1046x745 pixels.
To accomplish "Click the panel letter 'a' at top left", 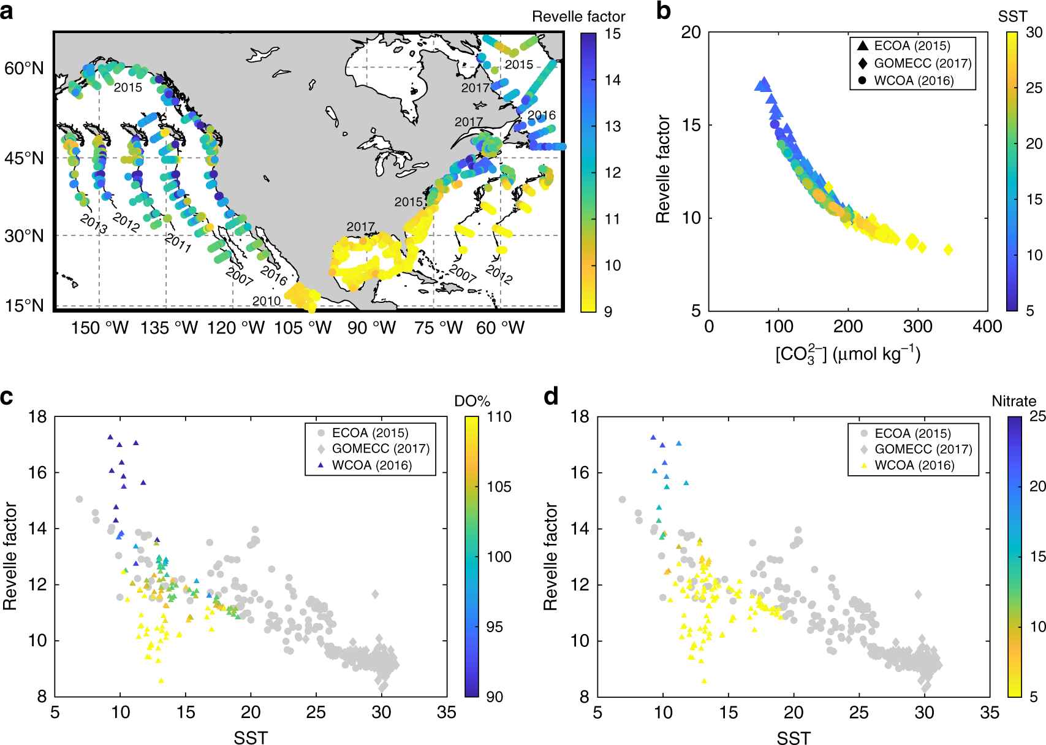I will [x=7, y=10].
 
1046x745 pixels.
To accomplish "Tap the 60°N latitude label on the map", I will [x=25, y=68].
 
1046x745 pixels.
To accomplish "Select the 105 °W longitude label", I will [x=302, y=328].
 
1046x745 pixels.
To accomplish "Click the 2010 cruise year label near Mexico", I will [x=267, y=301].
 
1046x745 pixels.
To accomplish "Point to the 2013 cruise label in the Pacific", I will [x=94, y=223].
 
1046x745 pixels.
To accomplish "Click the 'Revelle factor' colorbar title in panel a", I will [x=578, y=17].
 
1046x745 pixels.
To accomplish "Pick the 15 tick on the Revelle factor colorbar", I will [x=612, y=34].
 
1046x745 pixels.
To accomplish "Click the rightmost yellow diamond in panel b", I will [x=949, y=250].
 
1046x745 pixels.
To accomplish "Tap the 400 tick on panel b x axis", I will [x=987, y=327].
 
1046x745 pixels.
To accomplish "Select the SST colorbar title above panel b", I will [x=1012, y=17].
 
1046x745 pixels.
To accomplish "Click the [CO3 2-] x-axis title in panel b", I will [x=847, y=354].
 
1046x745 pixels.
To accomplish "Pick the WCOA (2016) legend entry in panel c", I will [x=371, y=465].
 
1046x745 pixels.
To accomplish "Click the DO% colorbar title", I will [x=472, y=401].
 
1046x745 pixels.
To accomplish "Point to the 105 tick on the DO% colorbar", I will [x=499, y=487].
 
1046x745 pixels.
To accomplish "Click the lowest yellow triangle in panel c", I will [x=161, y=681].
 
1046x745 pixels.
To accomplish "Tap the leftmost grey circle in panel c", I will [x=79, y=499].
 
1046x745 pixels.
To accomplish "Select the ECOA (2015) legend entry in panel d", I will [x=912, y=434].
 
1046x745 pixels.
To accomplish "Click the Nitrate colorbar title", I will [x=1014, y=401].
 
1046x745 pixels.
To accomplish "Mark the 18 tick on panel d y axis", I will [x=580, y=417].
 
